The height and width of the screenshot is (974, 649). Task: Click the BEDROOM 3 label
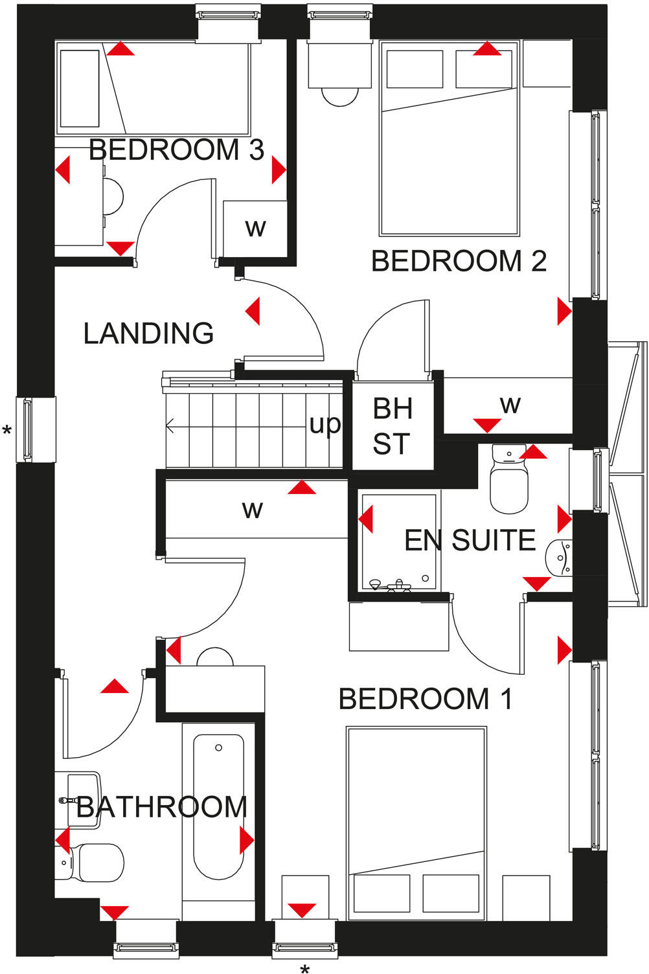coord(176,150)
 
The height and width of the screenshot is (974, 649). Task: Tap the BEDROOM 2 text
coord(459,261)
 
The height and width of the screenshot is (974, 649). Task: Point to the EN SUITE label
coord(470,540)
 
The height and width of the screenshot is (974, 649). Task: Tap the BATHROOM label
coord(162,807)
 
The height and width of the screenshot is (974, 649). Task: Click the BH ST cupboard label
coord(392,426)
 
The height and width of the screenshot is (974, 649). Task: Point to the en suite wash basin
coord(559,558)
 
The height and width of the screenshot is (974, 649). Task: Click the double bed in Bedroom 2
coord(450,139)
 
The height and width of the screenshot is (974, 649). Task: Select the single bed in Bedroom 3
coord(153,88)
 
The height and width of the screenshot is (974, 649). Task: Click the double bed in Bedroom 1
coord(416,823)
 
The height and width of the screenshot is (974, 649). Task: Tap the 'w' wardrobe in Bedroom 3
coord(255,229)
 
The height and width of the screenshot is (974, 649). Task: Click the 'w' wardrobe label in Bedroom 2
coord(510,405)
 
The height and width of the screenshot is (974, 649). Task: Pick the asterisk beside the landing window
coord(7,431)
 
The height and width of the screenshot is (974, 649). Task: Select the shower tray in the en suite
coord(399,541)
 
